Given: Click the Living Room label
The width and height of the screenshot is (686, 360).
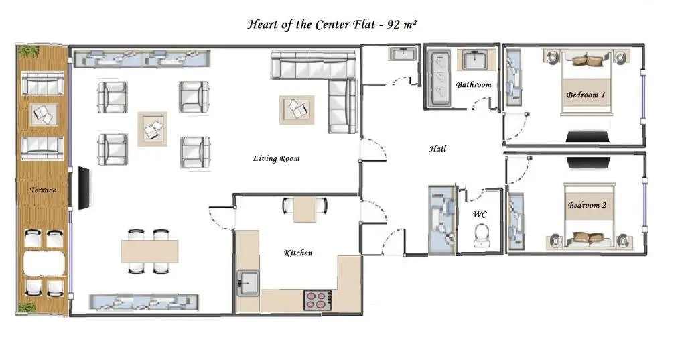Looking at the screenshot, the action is coord(276,158).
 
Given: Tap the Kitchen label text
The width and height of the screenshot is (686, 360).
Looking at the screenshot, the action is coord(298,253).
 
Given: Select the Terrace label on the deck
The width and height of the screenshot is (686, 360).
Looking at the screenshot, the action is coord(43,190).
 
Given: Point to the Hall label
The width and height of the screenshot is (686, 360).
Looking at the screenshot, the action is coord(438,148).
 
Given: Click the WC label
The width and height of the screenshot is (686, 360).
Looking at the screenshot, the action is coord(480,214).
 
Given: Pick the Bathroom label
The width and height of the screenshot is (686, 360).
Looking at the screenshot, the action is coord(474,84).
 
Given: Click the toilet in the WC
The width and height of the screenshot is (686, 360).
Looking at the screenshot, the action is coord(481,235).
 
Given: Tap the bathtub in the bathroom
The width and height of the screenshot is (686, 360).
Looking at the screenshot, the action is coord(439,78).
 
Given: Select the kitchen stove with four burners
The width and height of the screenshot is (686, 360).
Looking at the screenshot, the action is coord(318,300).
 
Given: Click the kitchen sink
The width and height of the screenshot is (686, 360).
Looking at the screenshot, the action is coord(248,284).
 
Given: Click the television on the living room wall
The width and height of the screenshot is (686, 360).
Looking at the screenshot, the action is coord(84,188).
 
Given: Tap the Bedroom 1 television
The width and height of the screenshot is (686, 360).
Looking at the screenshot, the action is coord(587,136).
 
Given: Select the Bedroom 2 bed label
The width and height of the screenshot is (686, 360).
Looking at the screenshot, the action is coord(587,205).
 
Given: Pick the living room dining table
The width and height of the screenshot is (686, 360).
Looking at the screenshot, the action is coord(149,251).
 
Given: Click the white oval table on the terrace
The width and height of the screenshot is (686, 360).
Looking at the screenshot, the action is coord(44,263).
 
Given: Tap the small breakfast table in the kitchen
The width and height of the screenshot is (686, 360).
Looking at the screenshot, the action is coord(305,209).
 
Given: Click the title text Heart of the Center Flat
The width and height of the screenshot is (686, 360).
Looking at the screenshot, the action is coord(312,24).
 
